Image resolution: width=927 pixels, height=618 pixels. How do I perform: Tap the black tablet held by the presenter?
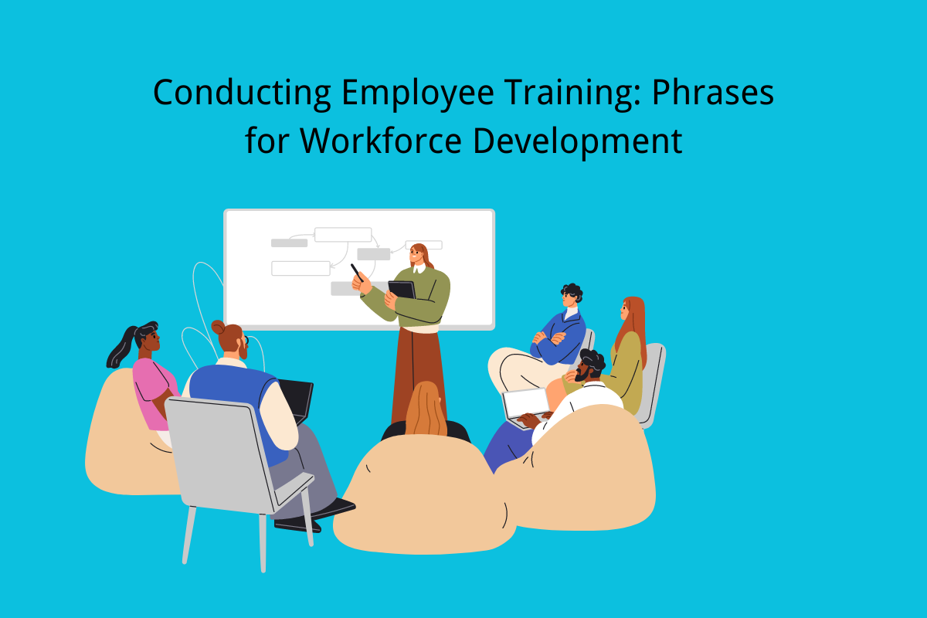coord(401,290)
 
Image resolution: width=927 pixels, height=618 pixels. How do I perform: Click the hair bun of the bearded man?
coord(219,327)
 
